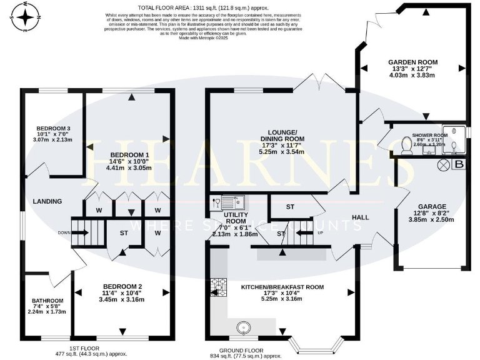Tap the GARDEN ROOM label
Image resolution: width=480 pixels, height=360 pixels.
tap(412, 62)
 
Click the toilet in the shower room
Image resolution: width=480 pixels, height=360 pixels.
tap(406, 146)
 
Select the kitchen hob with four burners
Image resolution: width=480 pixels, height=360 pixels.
tap(218, 287)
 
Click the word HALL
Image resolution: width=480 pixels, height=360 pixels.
tap(361, 217)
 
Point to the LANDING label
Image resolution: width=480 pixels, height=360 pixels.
tap(47, 201)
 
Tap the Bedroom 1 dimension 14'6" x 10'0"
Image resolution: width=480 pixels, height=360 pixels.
tap(129, 161)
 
